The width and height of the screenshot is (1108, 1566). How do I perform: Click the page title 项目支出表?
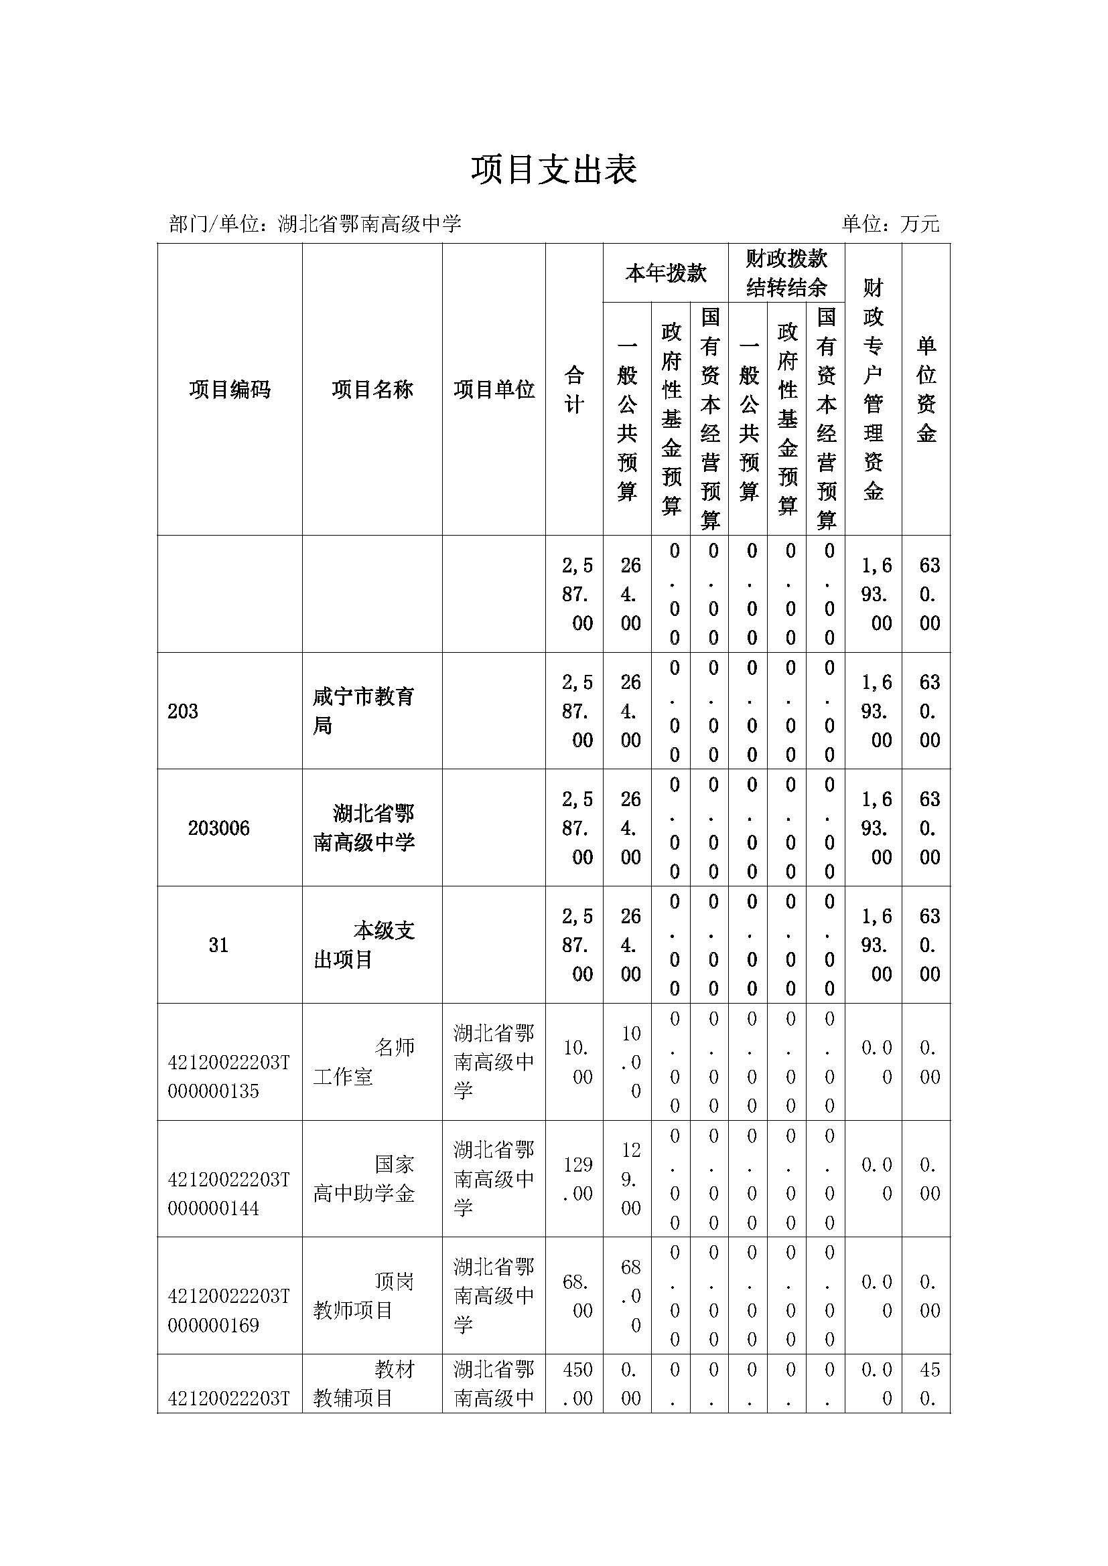pos(553,170)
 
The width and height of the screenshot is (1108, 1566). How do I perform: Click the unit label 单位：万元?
pos(890,224)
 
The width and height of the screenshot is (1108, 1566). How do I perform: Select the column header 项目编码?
pos(230,390)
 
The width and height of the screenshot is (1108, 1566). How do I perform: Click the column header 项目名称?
pos(372,390)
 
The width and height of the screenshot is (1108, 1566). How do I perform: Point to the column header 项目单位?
pos(494,390)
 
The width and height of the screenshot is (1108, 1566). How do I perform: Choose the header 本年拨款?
pos(665,274)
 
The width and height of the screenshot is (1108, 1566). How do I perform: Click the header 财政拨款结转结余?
pos(786,274)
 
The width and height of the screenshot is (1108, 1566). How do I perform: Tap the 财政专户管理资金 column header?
pos(873,390)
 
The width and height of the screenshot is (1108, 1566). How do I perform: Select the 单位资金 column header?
pos(926,390)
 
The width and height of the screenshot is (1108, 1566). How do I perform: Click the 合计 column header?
pos(574,390)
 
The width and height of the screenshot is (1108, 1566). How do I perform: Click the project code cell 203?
pos(183,712)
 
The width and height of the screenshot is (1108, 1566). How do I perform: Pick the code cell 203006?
pos(218,828)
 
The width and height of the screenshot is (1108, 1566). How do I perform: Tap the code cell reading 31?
pos(218,945)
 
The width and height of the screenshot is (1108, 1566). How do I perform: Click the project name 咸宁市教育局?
pos(363,712)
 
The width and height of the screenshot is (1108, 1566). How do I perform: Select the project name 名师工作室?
pos(363,1062)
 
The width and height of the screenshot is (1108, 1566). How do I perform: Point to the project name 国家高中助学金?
pos(363,1179)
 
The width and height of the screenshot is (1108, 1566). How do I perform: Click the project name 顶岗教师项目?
pos(363,1296)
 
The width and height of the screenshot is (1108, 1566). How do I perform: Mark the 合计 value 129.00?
pos(577,1179)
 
